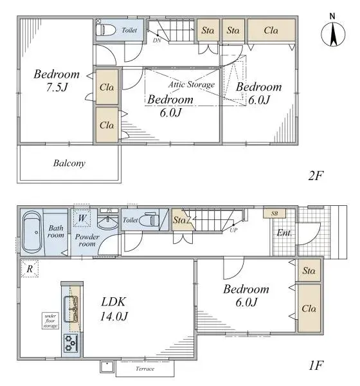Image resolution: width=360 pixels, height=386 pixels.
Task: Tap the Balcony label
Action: [69, 163]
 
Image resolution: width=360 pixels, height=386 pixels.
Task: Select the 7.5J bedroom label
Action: [57, 80]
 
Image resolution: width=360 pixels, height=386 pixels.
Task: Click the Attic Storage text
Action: [192, 84]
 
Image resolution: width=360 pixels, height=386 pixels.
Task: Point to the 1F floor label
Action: [315, 365]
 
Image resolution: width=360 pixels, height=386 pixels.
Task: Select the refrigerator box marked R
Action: [29, 268]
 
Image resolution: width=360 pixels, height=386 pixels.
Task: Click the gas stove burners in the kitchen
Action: [70, 344]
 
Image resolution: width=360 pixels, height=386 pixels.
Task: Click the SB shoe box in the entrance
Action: [274, 213]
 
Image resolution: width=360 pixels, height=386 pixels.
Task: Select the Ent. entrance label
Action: [283, 233]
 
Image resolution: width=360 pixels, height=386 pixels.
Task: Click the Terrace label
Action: [145, 369]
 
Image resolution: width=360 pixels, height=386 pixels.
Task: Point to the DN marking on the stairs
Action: [157, 40]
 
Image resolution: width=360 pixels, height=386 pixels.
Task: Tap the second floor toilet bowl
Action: [106, 30]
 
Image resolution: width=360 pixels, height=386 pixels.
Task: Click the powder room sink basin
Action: [109, 223]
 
